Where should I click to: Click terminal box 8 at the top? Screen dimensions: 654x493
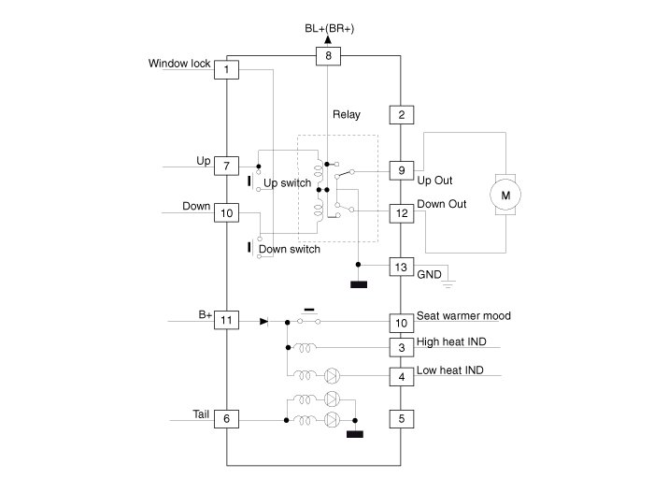328,56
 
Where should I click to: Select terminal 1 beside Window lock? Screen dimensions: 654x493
226,70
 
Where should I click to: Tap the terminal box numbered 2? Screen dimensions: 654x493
402,115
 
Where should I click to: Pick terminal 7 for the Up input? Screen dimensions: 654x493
226,166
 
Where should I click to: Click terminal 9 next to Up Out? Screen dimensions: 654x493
402,170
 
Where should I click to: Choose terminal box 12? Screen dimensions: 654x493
402,213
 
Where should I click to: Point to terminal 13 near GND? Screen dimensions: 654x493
402,267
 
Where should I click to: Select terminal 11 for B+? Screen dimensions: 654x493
226,321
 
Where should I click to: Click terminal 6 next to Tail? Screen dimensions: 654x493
226,419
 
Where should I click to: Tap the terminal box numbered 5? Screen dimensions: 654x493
402,419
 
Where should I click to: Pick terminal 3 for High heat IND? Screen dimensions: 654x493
402,348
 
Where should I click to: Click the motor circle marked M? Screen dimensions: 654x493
505,196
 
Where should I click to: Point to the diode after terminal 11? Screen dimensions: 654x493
263,321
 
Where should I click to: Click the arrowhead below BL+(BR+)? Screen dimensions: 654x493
328,39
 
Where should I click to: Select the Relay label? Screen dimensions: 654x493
347,114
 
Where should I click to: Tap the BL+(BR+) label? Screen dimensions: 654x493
330,28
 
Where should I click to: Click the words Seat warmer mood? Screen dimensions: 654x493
463,316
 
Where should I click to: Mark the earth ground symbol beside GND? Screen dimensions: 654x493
448,284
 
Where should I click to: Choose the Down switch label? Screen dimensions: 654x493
290,249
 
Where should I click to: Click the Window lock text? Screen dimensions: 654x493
179,64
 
